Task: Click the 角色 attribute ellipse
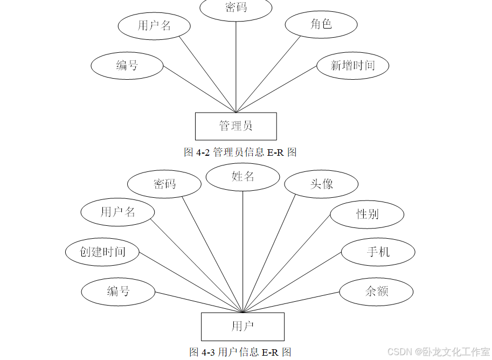(321, 24)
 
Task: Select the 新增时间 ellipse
(352, 66)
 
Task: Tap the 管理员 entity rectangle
(235, 126)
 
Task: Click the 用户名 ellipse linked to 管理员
(154, 26)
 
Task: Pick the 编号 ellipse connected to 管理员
(127, 66)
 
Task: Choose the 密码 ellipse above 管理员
(236, 8)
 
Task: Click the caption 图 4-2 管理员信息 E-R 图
(240, 153)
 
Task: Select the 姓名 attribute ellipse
(242, 177)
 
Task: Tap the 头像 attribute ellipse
(321, 184)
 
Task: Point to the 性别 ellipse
(367, 214)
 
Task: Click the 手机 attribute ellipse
(378, 252)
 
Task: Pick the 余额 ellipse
(376, 292)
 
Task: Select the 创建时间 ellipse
(102, 252)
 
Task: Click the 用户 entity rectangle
(242, 326)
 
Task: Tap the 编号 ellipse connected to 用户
(118, 292)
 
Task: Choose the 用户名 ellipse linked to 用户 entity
(117, 212)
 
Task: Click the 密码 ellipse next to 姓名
(164, 184)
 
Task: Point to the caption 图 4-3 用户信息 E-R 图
(240, 352)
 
